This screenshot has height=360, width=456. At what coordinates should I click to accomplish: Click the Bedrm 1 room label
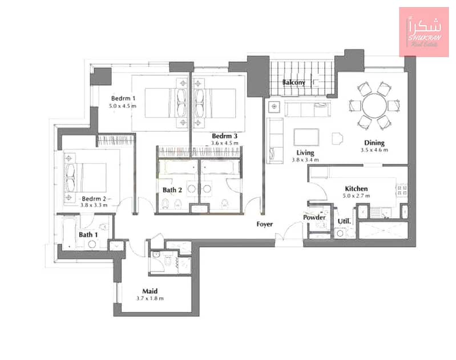click(x=123, y=98)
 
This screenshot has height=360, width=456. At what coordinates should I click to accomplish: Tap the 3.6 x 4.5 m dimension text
click(x=224, y=143)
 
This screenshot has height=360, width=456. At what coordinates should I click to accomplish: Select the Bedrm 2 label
click(x=94, y=199)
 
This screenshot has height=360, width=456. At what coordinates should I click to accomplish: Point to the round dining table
click(x=374, y=106)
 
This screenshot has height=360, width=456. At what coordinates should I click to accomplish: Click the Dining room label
click(x=374, y=143)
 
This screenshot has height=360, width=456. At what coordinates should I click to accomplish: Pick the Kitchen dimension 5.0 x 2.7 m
click(x=356, y=196)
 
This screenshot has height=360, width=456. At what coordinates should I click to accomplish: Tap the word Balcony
click(x=294, y=83)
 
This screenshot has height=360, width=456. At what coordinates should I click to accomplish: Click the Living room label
click(x=305, y=153)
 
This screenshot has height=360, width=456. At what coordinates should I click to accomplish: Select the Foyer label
click(x=265, y=224)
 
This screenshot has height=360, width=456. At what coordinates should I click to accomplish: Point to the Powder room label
click(x=314, y=217)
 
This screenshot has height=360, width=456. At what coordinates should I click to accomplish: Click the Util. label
click(x=344, y=221)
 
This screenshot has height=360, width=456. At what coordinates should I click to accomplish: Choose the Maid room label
click(x=150, y=291)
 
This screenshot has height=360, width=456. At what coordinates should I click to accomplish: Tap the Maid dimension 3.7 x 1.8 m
click(x=150, y=298)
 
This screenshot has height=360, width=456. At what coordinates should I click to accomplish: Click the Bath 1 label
click(x=88, y=234)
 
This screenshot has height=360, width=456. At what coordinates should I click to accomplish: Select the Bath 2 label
click(x=172, y=190)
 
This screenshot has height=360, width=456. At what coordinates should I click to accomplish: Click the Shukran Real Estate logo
click(x=424, y=32)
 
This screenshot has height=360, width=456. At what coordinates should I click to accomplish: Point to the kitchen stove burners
click(x=402, y=191)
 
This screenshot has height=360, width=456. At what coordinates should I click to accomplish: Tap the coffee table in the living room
click(x=306, y=137)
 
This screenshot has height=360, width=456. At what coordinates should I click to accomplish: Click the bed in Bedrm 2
click(x=86, y=177)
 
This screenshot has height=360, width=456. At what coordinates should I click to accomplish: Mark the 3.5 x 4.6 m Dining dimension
click(x=374, y=150)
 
